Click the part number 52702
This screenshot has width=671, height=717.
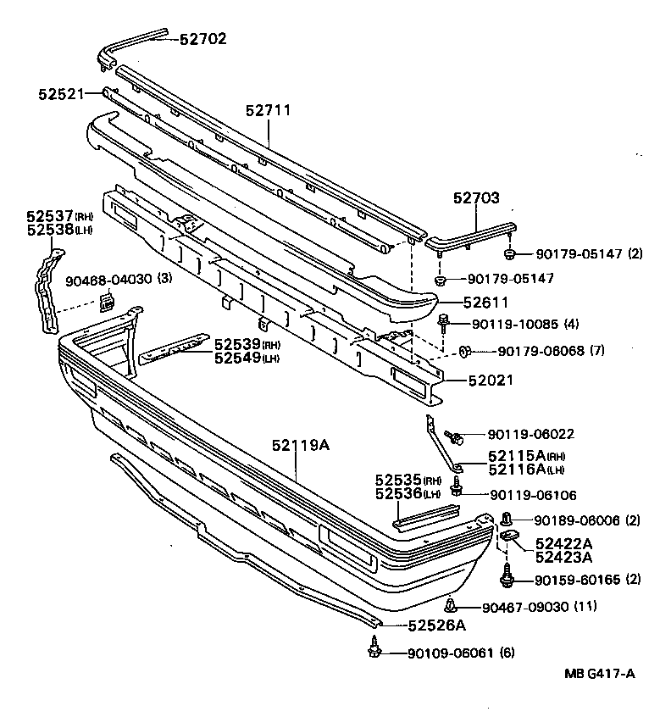pos(203,38)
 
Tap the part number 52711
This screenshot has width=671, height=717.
pos(269,111)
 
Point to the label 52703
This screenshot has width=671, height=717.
pos(475,197)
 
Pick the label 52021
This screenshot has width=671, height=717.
pos(491,381)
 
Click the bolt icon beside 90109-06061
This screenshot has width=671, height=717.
pos(374,651)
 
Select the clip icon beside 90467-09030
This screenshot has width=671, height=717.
pos(451,605)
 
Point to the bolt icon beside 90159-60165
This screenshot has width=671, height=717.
pos(507,579)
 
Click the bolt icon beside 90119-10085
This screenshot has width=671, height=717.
pos(444,322)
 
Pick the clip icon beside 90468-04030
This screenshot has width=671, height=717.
pos(108,300)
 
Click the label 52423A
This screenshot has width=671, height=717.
pos(563,557)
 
